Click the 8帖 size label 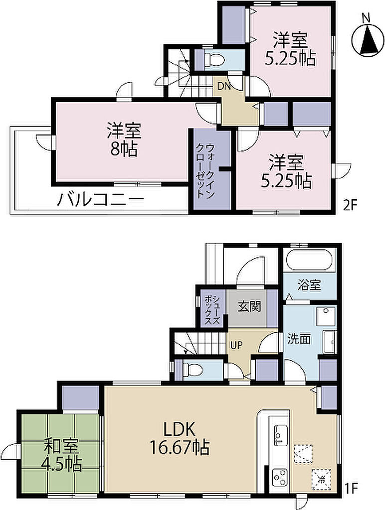(x=124, y=149)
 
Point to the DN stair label (x=224, y=86)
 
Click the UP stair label (x=236, y=345)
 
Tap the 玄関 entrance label (x=249, y=306)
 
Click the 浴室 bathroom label (x=309, y=285)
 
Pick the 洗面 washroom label (x=298, y=339)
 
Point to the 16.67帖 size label (x=180, y=448)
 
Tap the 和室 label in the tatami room (x=61, y=447)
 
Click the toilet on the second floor (x=213, y=60)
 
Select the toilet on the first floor (x=192, y=370)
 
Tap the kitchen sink (x=280, y=434)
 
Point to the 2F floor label (x=350, y=205)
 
